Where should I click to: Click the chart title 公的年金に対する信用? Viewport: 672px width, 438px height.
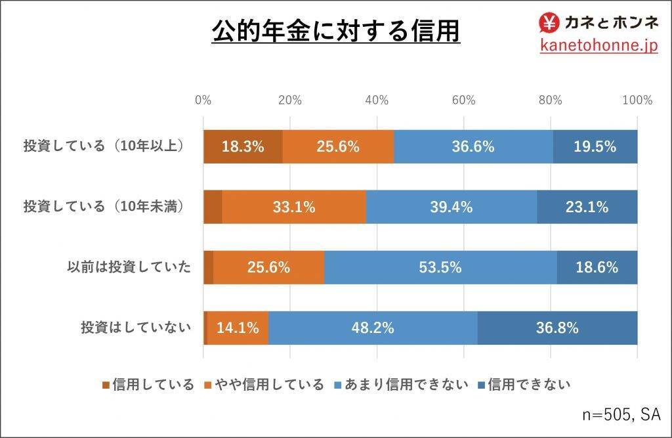point(335,30)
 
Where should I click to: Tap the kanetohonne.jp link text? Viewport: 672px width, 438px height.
point(598,45)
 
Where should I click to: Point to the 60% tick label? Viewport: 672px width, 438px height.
point(463,100)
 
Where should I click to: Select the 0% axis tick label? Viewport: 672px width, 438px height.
point(203,100)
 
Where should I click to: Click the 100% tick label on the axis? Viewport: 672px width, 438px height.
point(637,100)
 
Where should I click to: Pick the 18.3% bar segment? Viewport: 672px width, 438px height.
point(243,146)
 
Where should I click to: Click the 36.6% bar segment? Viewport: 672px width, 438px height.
point(472,146)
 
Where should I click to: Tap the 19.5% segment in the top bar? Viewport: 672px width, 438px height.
point(595,146)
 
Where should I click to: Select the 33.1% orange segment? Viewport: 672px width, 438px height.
point(294,207)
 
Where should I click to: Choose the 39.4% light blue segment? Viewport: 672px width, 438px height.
point(451,207)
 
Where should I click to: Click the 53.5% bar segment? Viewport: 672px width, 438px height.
point(440,267)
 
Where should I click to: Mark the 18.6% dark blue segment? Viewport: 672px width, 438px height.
point(597,267)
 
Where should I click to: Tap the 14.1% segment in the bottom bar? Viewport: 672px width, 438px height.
point(238,328)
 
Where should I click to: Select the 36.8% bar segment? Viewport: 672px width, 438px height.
point(557,328)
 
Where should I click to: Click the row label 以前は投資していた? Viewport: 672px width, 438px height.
point(129,267)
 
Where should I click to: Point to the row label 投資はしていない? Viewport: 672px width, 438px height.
point(136,328)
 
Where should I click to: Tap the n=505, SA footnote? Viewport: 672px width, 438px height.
point(621,414)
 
